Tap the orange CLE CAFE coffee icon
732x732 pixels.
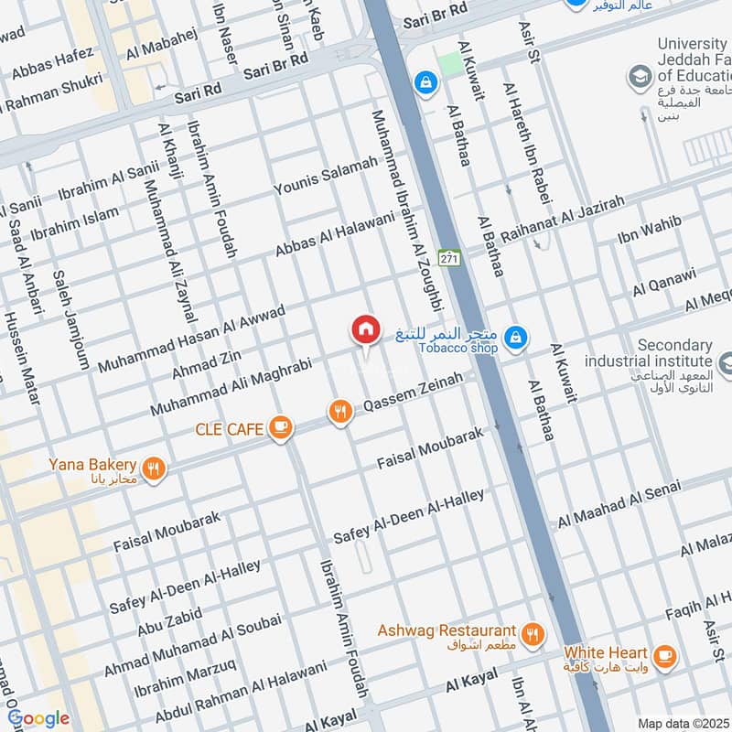coord(281,428)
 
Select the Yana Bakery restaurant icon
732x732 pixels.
coord(154,468)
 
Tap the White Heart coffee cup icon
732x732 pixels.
coord(664,654)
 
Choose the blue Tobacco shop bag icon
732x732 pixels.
coord(516,339)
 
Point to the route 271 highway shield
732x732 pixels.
coord(448,259)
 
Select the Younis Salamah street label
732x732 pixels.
coord(326,176)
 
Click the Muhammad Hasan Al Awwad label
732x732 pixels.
coord(191,339)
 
